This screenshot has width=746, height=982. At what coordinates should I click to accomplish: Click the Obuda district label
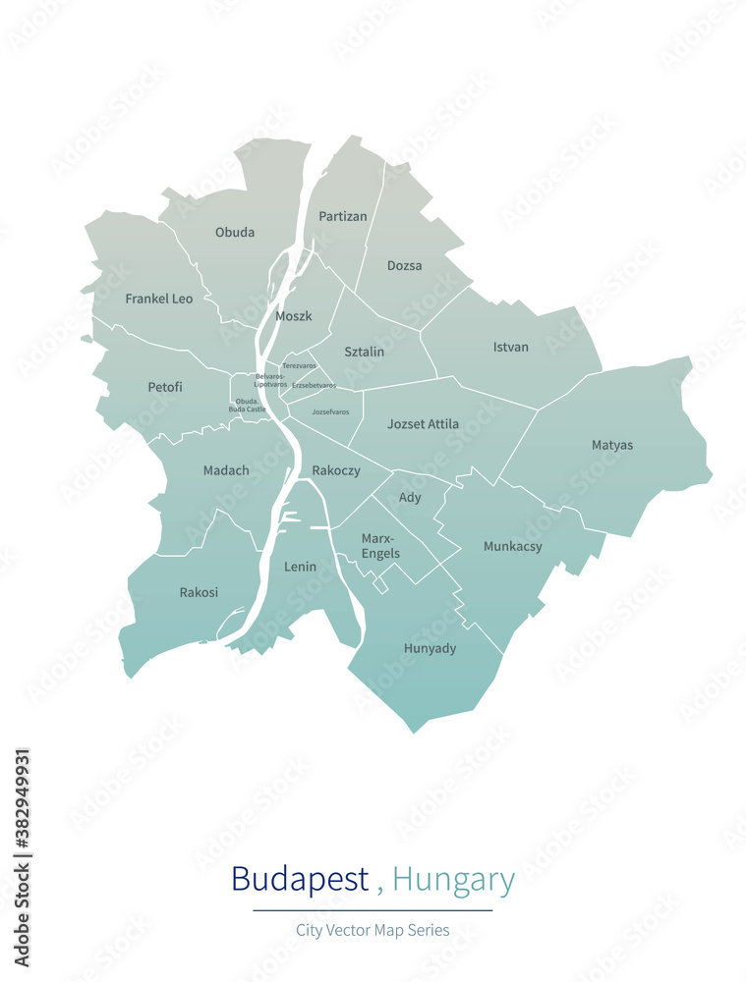(235, 233)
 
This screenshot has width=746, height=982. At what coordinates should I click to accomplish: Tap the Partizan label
(342, 216)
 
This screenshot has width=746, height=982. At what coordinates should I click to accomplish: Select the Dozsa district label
(404, 266)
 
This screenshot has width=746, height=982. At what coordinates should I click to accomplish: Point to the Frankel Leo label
(159, 299)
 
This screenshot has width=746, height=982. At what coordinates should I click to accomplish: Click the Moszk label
(294, 316)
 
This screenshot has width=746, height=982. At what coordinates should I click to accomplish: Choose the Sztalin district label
(364, 352)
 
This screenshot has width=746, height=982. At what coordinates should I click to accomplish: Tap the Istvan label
(510, 348)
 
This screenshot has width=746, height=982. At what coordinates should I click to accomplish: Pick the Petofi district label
(165, 387)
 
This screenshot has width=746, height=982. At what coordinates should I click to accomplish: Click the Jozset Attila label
(423, 424)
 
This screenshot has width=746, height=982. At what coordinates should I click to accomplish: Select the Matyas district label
(612, 446)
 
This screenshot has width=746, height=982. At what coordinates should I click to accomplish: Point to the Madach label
(226, 470)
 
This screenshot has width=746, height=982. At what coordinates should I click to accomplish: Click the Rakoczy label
(336, 470)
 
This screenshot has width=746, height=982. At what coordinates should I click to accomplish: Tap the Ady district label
(410, 498)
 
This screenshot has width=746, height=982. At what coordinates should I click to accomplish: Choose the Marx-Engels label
(380, 546)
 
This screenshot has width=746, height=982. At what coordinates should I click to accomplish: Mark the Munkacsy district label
(512, 547)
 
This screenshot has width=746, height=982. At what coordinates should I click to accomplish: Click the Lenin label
(301, 567)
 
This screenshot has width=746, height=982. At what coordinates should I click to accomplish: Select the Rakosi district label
(199, 592)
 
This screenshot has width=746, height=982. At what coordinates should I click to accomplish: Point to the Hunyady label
(430, 649)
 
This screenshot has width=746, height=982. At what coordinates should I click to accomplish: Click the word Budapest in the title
(300, 879)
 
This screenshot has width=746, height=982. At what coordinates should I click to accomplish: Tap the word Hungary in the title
(453, 879)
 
